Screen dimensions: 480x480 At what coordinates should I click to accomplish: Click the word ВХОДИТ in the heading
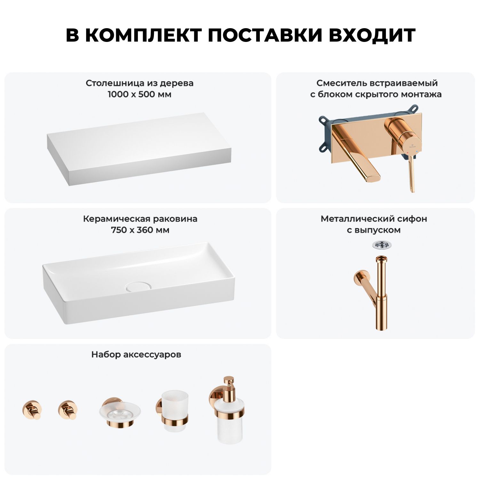pyautogui.click(x=372, y=35)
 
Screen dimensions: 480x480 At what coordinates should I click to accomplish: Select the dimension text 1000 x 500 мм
pyautogui.click(x=140, y=94)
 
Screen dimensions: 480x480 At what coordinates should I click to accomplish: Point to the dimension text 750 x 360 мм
pyautogui.click(x=140, y=230)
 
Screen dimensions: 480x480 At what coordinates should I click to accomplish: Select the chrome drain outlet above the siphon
pyautogui.click(x=381, y=245)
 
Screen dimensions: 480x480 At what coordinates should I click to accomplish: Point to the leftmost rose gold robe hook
pyautogui.click(x=32, y=410)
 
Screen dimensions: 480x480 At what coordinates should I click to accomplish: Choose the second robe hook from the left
pyautogui.click(x=68, y=410)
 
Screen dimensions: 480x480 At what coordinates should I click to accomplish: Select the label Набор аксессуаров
pyautogui.click(x=136, y=355)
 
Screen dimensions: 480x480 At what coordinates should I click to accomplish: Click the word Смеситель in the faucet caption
pyautogui.click(x=342, y=83)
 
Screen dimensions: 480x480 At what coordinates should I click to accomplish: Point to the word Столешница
pyautogui.click(x=115, y=83)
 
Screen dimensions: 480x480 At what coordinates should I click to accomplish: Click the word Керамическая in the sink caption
pyautogui.click(x=117, y=219)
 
